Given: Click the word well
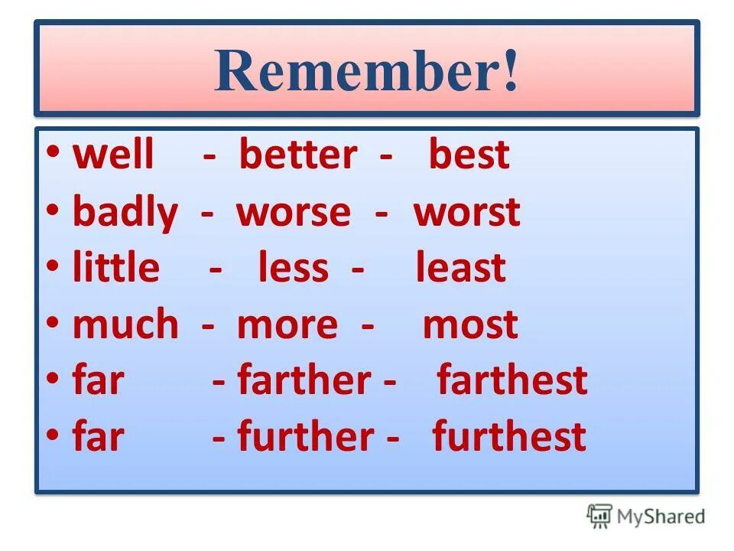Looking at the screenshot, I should [x=112, y=155].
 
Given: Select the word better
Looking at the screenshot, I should [x=297, y=155].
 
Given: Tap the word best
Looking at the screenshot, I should [x=469, y=155].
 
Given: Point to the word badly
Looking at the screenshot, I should [x=124, y=213].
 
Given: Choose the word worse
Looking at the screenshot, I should [x=294, y=213].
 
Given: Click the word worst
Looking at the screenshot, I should [x=466, y=213].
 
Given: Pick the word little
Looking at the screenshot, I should [x=116, y=269].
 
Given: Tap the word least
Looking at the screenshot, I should [x=460, y=269].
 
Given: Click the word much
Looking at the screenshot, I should [x=125, y=325].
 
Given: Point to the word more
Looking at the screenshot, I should [x=287, y=325].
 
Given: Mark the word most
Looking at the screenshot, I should [x=470, y=325].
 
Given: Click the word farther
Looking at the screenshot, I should [x=304, y=380].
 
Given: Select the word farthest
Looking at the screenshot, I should [x=512, y=380].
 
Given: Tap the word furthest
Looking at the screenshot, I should [x=509, y=437].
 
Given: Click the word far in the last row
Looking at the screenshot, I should [x=98, y=437].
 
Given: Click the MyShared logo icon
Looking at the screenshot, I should [x=599, y=516].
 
